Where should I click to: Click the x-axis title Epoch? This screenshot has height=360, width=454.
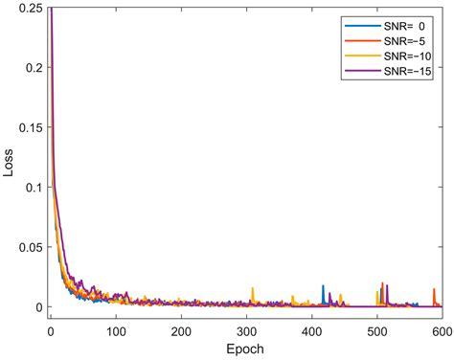tap(245, 349)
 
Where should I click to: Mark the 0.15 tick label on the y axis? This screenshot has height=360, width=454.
tap(29, 127)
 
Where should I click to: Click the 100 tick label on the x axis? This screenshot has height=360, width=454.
tap(115, 330)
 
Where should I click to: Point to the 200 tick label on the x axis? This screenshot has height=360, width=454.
tap(180, 330)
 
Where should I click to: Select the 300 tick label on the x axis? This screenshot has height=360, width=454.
tap(245, 330)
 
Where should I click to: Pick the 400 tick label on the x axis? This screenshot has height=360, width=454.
tap(310, 330)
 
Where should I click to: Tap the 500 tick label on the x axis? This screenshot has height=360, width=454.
tap(375, 330)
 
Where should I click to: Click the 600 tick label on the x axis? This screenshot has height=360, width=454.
tap(440, 330)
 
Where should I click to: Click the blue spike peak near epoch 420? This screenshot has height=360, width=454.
tap(323, 286)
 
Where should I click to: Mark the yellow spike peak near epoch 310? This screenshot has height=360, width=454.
tap(252, 288)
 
